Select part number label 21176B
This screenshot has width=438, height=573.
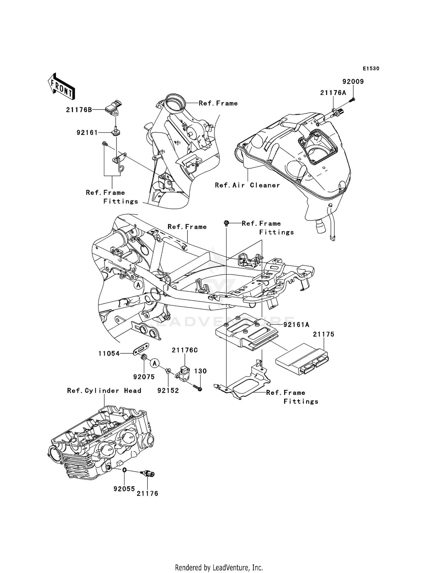coord(79,110)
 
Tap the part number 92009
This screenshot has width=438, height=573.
coord(353,82)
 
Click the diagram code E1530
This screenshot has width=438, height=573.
coord(371,69)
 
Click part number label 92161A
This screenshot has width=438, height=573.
coord(296,324)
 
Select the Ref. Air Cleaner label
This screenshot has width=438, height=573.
coord(247,185)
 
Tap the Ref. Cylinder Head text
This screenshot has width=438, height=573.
coord(104,391)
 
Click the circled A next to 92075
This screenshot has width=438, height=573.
coord(155,363)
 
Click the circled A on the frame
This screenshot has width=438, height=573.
coord(138,284)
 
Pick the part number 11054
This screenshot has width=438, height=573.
coord(109,354)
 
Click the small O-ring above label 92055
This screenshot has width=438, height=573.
coord(124,470)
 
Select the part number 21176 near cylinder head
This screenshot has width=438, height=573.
coord(147,494)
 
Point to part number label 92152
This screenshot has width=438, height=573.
coord(168,391)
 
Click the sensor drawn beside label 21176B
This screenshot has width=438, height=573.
coord(114,107)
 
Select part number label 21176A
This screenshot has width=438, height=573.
coord(333,93)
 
